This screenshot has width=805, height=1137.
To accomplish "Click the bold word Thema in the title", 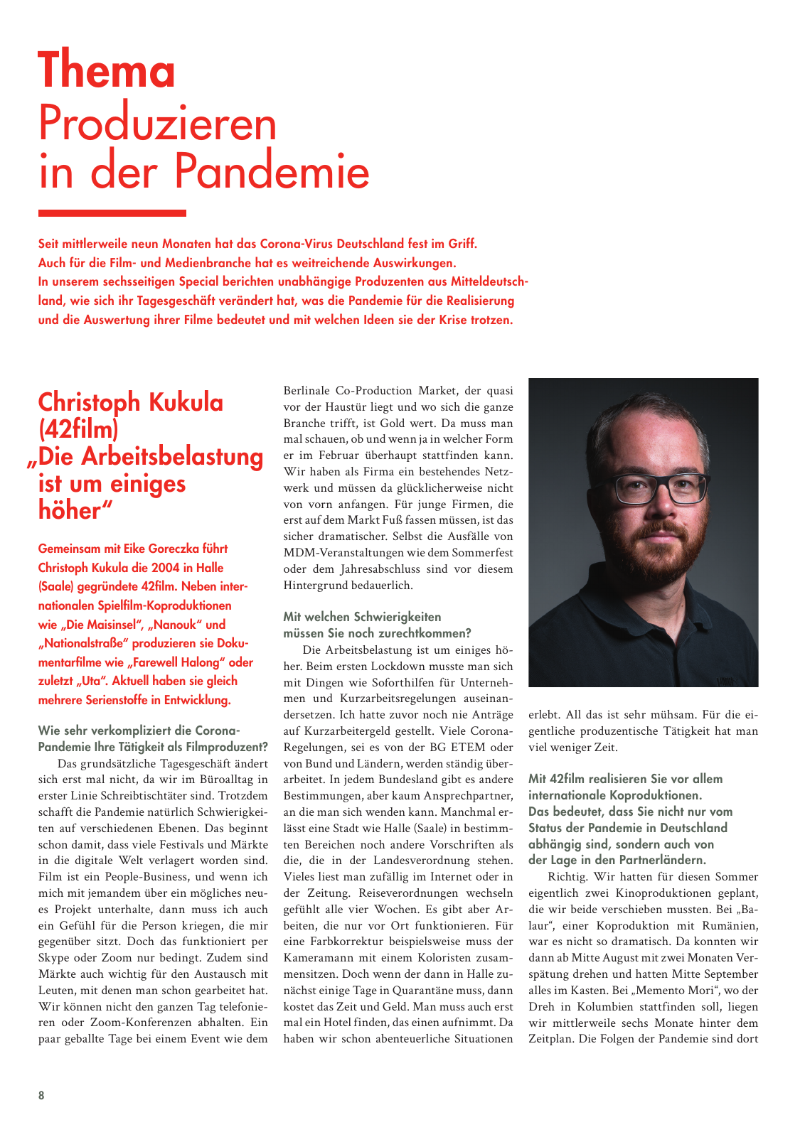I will [x=107, y=70].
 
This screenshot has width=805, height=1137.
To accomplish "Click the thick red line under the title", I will [x=112, y=213].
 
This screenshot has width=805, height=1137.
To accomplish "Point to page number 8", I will [x=41, y=1095].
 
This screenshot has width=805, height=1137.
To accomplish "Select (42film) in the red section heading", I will [x=78, y=429].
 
